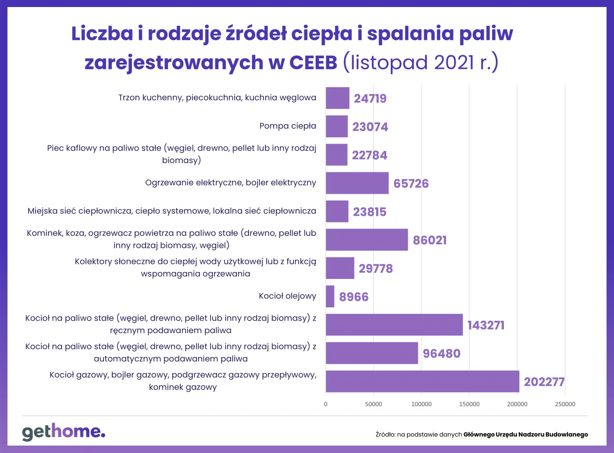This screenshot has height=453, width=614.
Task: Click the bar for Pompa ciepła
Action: click(336, 126)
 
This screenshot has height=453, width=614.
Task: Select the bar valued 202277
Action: click(422, 381)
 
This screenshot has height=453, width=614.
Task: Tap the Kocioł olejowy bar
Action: click(330, 296)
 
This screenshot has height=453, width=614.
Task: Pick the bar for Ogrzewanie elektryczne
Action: click(357, 183)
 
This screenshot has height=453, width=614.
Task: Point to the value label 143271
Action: click(486, 325)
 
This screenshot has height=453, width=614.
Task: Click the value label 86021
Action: click(430, 240)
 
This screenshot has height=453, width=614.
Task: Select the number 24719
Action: click(370, 98)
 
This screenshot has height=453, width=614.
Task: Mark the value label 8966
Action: click(353, 297)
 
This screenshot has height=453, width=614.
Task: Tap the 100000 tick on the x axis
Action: click(421, 404)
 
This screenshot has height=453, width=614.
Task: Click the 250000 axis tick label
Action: click(565, 404)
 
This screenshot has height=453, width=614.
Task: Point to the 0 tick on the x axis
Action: click(325, 404)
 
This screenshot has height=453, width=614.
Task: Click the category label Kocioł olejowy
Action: click(287, 296)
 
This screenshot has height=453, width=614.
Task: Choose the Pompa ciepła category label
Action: click(288, 126)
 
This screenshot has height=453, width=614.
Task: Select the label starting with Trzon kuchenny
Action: click(217, 97)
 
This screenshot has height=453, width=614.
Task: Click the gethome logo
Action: click(64, 432)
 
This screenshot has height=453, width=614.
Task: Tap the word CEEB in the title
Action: click(313, 62)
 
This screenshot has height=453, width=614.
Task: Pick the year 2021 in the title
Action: click(454, 62)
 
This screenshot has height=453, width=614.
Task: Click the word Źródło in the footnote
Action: click(385, 435)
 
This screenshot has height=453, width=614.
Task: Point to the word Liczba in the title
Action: click(102, 33)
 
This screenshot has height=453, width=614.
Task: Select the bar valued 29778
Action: click(339, 268)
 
